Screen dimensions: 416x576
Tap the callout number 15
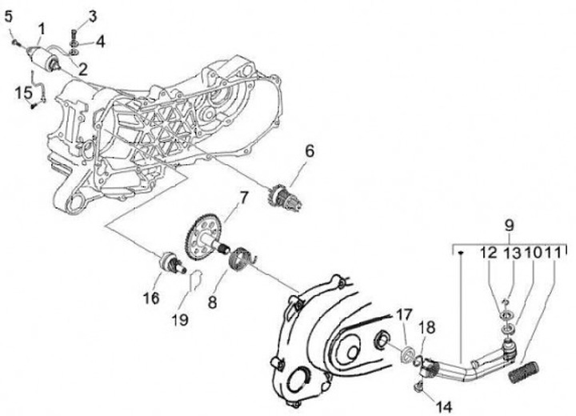23,92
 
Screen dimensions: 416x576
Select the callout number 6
310,150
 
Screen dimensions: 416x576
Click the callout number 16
151,298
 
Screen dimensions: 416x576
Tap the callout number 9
508,225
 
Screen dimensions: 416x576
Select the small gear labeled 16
170,263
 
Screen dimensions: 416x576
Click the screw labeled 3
73,33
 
